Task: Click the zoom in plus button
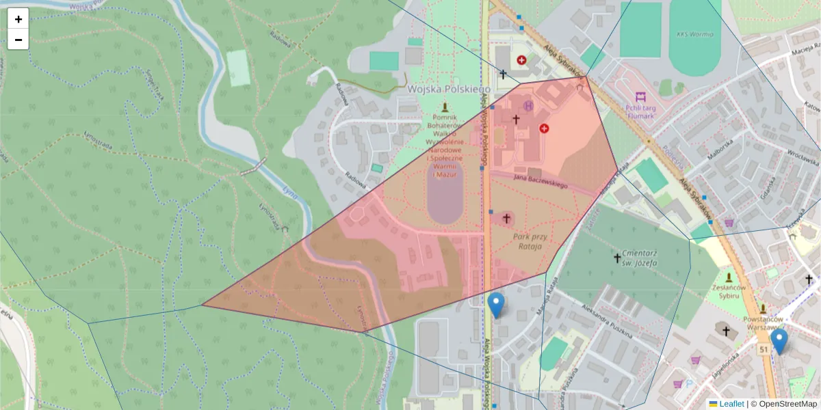tap(18, 19)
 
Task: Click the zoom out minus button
tap(18, 40)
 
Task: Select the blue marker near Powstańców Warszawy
tap(779, 342)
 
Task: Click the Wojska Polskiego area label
tap(449, 89)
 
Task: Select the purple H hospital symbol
tap(528, 106)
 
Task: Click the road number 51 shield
tap(762, 349)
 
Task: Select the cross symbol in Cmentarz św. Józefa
tap(617, 258)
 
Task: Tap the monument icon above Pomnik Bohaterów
tap(445, 107)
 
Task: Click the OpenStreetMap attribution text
tap(784, 404)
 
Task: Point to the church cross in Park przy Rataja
tap(507, 219)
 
